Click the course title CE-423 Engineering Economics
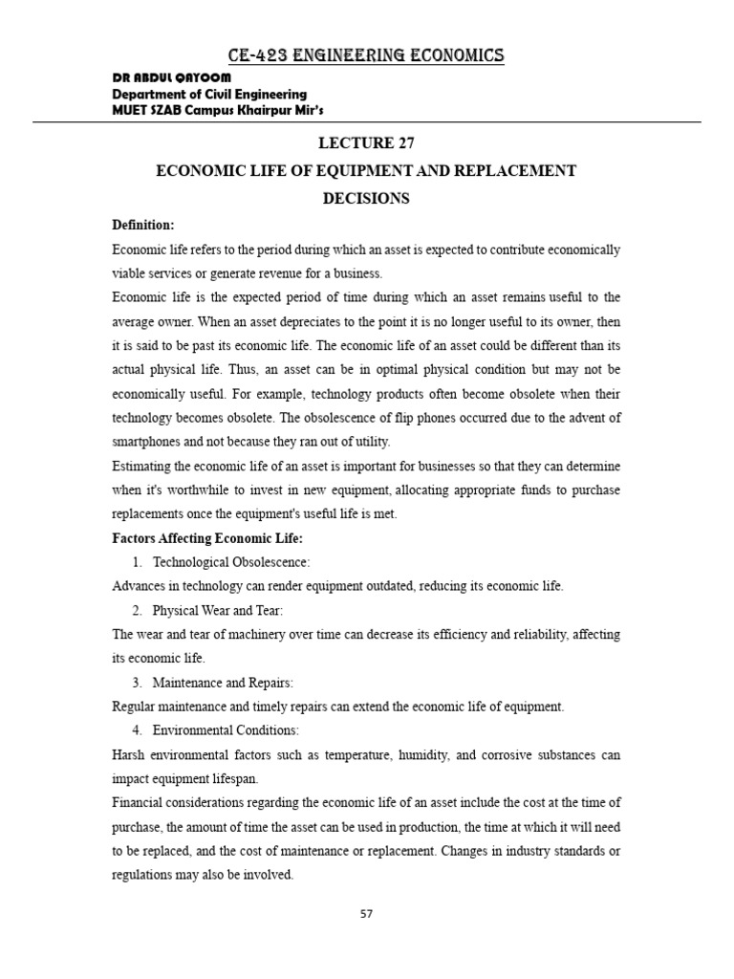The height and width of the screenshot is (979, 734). (367, 56)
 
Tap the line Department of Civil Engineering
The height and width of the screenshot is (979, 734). (209, 94)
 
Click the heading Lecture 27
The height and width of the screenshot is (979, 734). (367, 143)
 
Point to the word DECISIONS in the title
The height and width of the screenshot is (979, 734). (367, 199)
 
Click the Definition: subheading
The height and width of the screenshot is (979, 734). (143, 225)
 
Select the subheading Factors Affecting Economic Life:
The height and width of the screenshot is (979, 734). (191, 538)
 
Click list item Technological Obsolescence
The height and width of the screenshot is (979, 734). (231, 562)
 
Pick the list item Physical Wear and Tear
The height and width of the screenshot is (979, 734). (217, 610)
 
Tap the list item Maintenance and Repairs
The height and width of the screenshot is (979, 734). (223, 683)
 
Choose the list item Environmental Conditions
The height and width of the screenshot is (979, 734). (226, 730)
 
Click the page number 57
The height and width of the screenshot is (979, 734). (367, 913)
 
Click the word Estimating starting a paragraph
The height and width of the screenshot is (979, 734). (141, 466)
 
